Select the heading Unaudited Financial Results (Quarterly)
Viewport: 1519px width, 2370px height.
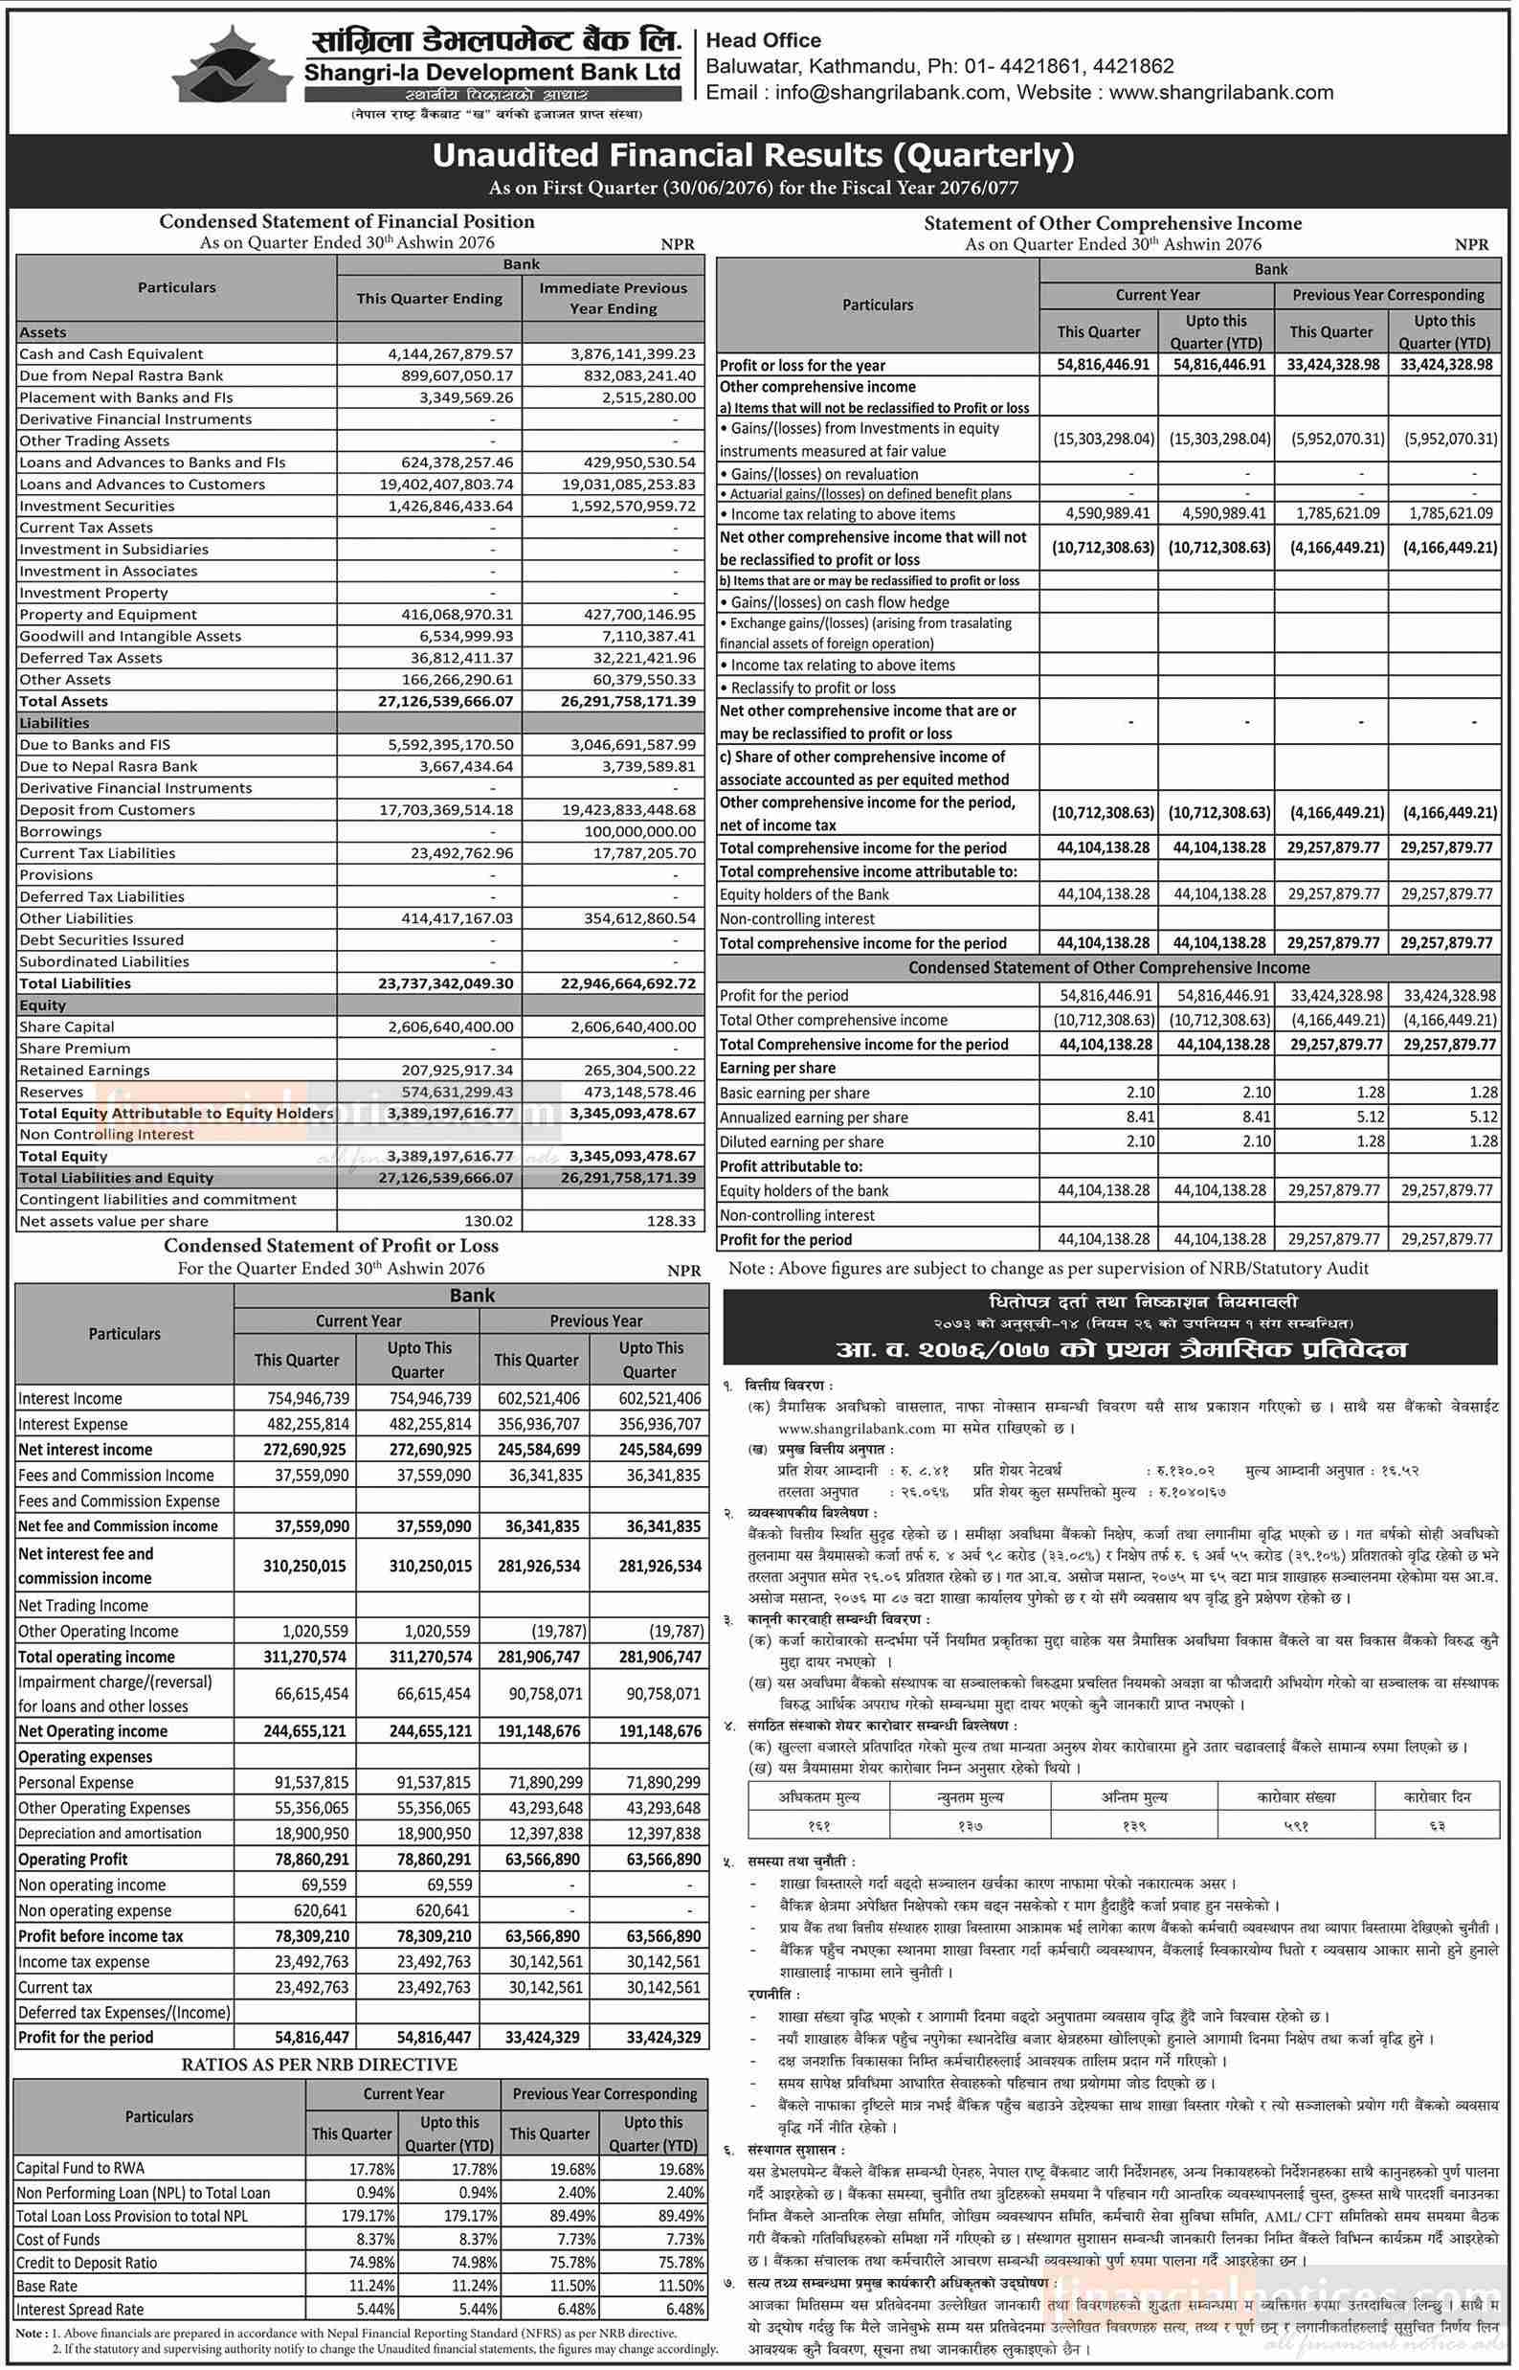(752, 155)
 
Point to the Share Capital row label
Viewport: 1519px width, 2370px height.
(67, 1027)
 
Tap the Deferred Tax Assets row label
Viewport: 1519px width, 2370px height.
(91, 658)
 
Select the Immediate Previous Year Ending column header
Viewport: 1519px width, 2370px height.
(613, 298)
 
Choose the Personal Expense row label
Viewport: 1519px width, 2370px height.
(75, 1783)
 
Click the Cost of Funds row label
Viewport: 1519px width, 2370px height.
(58, 2240)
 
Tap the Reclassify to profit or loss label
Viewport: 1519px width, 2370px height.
(813, 688)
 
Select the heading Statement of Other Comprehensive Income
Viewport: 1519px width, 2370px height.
(1111, 224)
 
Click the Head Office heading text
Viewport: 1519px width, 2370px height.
(764, 40)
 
